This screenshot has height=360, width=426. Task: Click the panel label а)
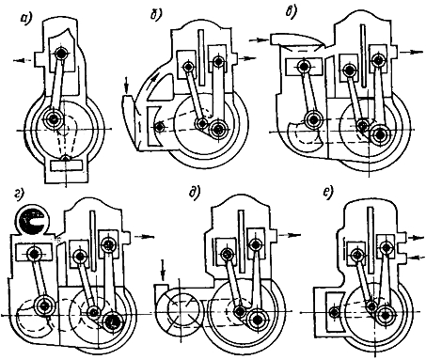[25, 18]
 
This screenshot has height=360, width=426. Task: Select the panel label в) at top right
[292, 12]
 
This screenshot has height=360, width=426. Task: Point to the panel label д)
[195, 192]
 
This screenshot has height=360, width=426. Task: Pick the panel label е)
[328, 194]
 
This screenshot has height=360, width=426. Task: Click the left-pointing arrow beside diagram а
[24, 61]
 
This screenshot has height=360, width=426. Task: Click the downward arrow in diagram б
[126, 86]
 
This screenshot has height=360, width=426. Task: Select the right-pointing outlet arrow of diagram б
[247, 58]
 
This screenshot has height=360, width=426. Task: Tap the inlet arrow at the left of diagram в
[260, 40]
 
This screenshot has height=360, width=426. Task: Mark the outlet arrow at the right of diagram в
[409, 52]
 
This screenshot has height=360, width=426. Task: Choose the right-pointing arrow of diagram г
[145, 236]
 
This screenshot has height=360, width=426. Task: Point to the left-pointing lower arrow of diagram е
[416, 257]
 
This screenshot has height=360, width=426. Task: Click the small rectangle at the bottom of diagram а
[66, 165]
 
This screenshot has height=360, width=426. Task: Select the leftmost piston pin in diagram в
[303, 66]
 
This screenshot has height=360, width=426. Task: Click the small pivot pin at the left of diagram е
[335, 312]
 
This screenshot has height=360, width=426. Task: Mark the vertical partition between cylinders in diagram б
[201, 57]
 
